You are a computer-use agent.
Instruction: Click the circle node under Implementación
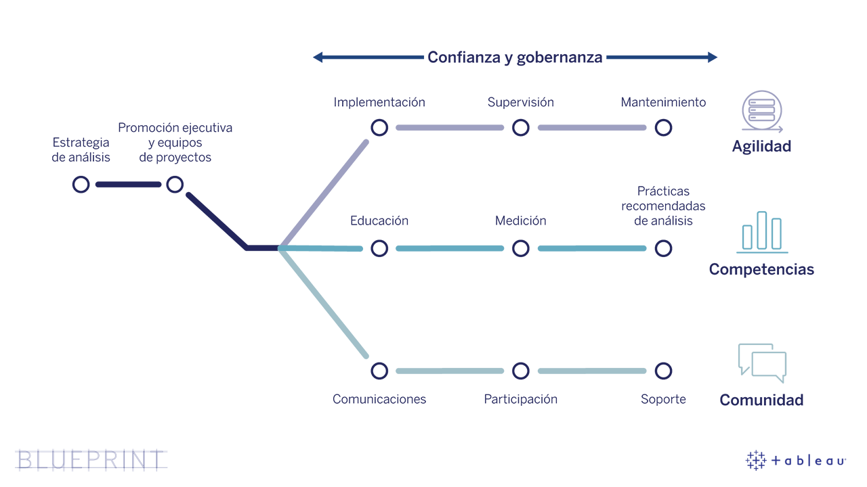click(x=379, y=127)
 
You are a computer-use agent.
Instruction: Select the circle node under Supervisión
click(x=520, y=127)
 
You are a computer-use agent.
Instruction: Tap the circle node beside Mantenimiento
click(x=663, y=127)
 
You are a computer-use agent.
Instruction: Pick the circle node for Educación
click(x=379, y=248)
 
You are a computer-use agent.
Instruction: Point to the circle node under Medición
click(x=520, y=248)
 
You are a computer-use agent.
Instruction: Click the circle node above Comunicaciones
click(x=379, y=371)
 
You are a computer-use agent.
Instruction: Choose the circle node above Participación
click(x=520, y=371)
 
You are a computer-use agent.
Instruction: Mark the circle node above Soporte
click(x=663, y=371)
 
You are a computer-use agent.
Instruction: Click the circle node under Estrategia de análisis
click(x=81, y=184)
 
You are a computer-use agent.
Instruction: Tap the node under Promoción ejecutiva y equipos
click(x=175, y=184)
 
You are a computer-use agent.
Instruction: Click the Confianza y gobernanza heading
click(x=515, y=57)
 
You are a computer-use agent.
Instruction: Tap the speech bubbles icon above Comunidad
click(x=762, y=363)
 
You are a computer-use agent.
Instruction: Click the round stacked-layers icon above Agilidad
click(x=762, y=112)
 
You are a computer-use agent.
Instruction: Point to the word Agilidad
click(x=761, y=147)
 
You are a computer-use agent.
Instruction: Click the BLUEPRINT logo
click(x=91, y=459)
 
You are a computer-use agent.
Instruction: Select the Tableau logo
click(x=796, y=461)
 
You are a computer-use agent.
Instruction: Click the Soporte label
click(x=663, y=399)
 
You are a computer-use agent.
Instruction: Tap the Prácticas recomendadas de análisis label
click(x=663, y=206)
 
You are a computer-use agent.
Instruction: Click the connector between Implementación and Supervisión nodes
click(x=450, y=127)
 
